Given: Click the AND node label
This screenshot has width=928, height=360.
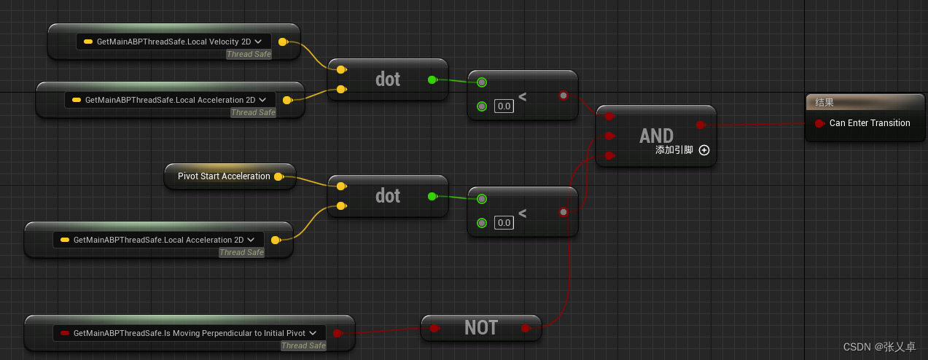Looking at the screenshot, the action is pos(656,136).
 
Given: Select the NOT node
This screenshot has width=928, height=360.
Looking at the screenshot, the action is pos(481,328).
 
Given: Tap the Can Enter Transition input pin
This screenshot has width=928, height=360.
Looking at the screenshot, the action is pos(819,123).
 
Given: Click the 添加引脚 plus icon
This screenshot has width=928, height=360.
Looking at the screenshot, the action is pos(704,150).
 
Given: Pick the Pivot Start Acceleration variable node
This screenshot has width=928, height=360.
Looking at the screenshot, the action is pos(224,176).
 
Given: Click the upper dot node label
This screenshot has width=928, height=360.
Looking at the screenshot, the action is pos(388,79).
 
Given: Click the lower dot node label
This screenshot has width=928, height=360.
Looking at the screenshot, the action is pos(388,195).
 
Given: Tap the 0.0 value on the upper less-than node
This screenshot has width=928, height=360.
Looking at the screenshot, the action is pos(504,106).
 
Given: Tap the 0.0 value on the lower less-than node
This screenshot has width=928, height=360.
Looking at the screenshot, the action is pos(504,222).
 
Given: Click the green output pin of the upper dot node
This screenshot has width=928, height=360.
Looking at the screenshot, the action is pos(432,79).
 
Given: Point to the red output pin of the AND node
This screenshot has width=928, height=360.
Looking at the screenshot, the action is pos(701,125).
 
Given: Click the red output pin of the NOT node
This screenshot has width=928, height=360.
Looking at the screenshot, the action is pos(526,329).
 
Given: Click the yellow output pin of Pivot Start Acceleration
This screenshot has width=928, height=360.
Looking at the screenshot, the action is pos(279,176).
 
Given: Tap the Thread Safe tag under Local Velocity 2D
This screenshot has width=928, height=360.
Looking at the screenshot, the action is pos(249,54).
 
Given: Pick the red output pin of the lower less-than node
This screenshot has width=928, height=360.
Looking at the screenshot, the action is pos(563,212).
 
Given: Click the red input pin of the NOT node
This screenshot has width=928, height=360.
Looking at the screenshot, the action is pos(434,329).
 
